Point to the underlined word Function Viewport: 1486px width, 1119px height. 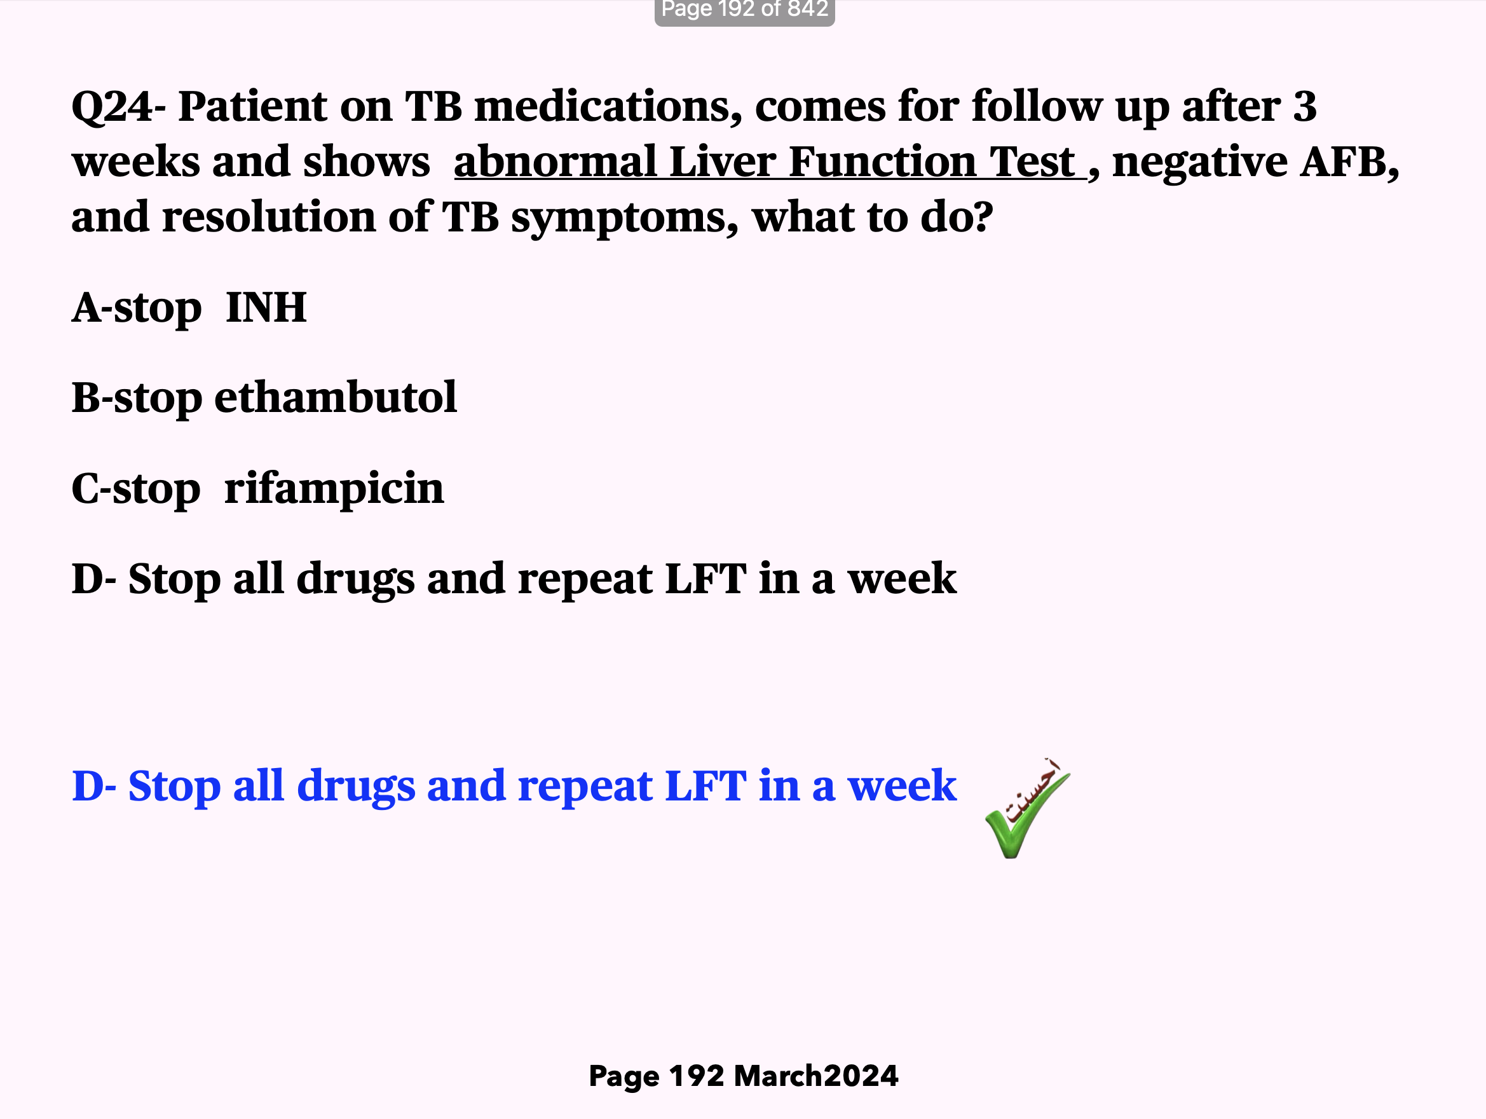pos(882,162)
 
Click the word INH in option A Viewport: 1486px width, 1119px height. pos(266,308)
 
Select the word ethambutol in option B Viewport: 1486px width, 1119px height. pos(335,397)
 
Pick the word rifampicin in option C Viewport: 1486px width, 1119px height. pos(334,488)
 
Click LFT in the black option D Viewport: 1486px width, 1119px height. pos(705,579)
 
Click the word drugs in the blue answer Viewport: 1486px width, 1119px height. pos(355,786)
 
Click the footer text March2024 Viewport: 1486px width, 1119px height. pos(815,1076)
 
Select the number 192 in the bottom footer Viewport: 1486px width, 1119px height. pos(696,1076)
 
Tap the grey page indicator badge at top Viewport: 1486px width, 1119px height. pos(744,11)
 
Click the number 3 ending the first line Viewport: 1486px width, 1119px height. pos(1305,106)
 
